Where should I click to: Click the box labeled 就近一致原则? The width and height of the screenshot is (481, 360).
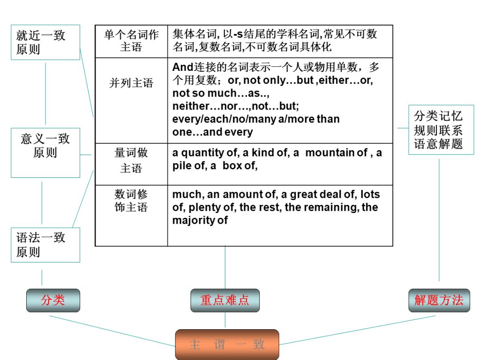coord(45,42)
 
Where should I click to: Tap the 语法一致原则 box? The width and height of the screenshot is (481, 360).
coord(45,245)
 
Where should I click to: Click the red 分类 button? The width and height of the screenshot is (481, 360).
coord(53,300)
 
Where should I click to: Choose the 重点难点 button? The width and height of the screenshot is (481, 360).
coord(225,300)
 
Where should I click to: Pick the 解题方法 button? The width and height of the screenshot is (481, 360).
coord(439,300)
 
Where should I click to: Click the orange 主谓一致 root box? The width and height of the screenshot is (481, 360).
coord(227,344)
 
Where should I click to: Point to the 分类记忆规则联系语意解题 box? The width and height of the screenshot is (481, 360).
coord(441,130)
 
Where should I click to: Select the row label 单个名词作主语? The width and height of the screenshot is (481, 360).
coord(131,41)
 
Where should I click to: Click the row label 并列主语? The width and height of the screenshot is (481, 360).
coord(131,83)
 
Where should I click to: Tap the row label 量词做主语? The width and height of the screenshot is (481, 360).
coord(131,160)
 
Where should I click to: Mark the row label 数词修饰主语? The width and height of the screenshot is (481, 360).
coord(131,200)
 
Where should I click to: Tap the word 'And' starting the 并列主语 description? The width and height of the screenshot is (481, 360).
coord(182,67)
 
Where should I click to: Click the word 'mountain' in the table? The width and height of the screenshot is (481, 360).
coord(330,153)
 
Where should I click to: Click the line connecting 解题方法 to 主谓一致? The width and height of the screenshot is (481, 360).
coord(356,330)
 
